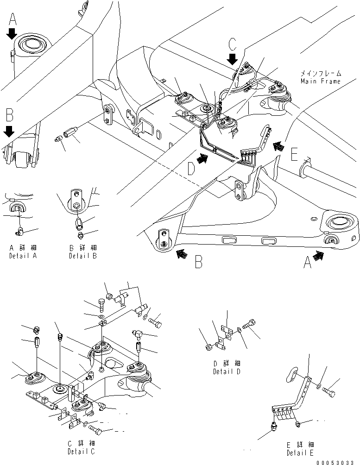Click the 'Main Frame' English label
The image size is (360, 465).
(320, 82)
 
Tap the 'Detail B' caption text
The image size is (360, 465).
(82, 256)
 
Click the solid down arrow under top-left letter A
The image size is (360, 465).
(13, 34)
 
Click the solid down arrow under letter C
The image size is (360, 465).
(233, 59)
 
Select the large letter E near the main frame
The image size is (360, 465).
(293, 154)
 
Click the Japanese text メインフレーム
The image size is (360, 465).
(320, 74)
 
